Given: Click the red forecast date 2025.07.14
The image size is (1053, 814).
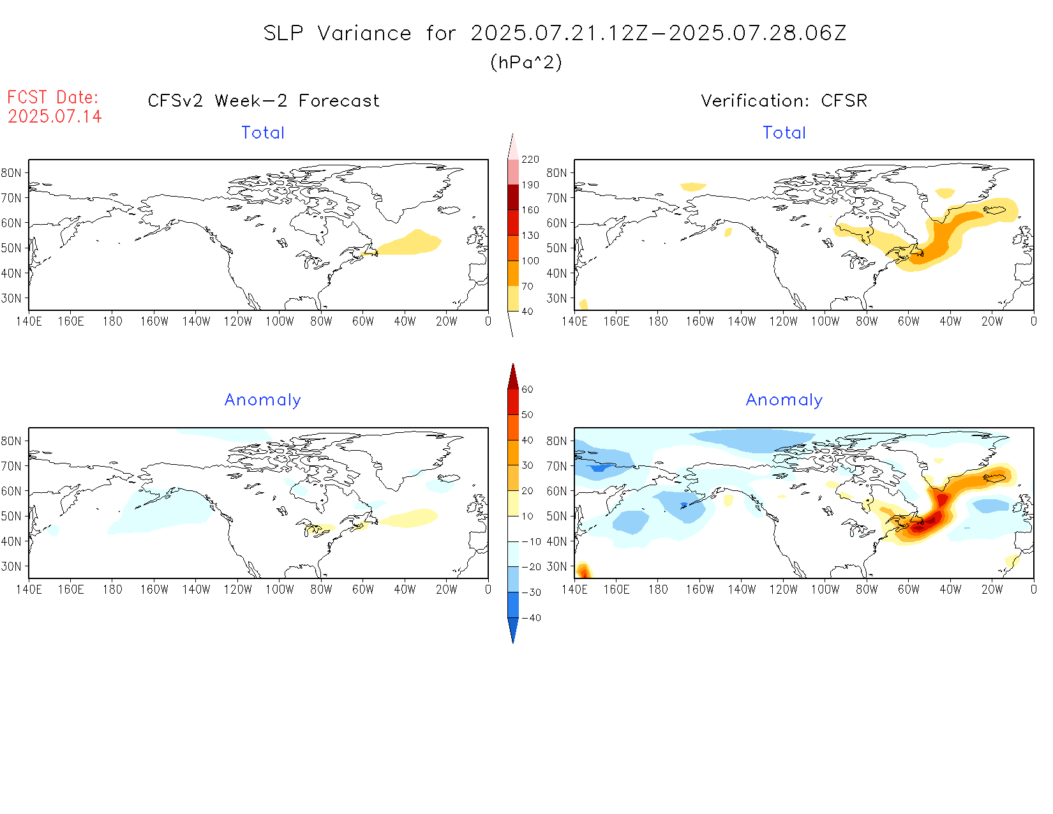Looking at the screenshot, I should click(55, 116).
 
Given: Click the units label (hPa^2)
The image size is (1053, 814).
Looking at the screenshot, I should click(526, 62).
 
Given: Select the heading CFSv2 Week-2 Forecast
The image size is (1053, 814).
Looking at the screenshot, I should click(263, 101).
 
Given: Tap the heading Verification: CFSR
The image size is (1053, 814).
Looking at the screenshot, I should click(784, 101).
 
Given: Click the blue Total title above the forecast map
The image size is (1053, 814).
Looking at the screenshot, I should click(263, 133).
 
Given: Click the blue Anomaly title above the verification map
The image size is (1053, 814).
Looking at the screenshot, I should click(784, 400).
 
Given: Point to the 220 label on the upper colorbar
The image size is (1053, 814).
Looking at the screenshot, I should click(530, 160).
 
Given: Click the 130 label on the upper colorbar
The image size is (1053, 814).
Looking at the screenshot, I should click(530, 236).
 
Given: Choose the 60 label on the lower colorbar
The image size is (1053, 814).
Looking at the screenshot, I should click(527, 389).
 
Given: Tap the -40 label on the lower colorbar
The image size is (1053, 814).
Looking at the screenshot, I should click(531, 618).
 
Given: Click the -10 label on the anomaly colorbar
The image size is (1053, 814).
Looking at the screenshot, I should click(531, 541).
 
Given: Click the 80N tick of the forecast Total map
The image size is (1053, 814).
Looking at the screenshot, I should click(11, 173).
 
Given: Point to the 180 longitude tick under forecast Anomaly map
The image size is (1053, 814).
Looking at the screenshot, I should click(112, 590).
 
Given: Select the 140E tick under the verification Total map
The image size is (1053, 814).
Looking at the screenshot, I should click(574, 322).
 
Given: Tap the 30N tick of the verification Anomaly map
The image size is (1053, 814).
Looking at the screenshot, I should click(556, 566).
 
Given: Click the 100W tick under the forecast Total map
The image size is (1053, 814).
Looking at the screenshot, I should click(280, 322).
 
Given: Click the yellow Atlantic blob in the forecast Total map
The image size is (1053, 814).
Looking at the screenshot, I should click(408, 243).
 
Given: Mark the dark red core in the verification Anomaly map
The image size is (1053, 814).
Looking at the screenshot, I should click(919, 526).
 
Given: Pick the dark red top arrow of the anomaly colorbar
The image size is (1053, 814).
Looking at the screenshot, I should click(512, 377).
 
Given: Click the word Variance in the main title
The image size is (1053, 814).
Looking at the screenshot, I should click(364, 33).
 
